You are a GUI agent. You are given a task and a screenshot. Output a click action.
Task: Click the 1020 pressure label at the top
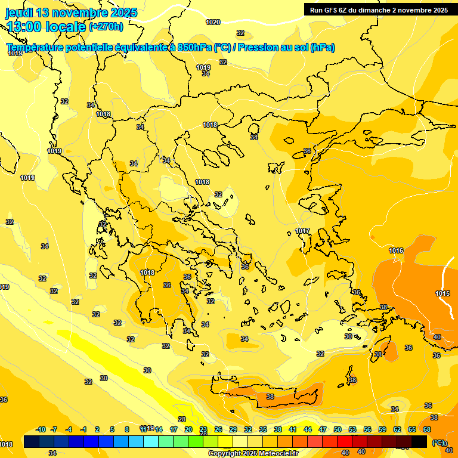pyautogui.click(x=213, y=22)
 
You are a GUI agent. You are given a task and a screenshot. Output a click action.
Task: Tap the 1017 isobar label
pyautogui.click(x=302, y=231)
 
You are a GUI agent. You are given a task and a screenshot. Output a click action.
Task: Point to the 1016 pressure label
pyautogui.click(x=396, y=250)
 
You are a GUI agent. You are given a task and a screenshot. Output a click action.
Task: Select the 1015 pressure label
pyautogui.click(x=442, y=293)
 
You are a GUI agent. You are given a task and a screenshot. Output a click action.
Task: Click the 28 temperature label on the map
pyautogui.click(x=182, y=419)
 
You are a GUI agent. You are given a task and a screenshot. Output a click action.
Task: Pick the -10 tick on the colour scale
pyautogui.click(x=41, y=429)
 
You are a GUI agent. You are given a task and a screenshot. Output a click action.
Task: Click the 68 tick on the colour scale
pyautogui.click(x=427, y=429)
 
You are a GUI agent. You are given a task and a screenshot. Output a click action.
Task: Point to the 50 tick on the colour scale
pyautogui.click(x=338, y=429)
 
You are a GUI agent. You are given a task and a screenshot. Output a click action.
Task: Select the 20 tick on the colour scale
pyautogui.click(x=188, y=429)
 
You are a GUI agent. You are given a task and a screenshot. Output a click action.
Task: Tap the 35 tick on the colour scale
pyautogui.click(x=263, y=429)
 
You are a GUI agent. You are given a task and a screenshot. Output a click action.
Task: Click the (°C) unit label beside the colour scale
pyautogui.click(x=438, y=442)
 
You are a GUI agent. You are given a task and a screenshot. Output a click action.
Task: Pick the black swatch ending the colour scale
pyautogui.click(x=419, y=441)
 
